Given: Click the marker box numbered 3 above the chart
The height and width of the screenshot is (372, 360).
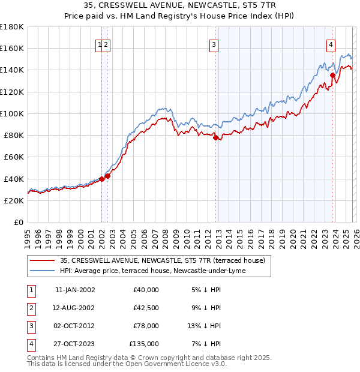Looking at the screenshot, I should pyautogui.click(x=213, y=44).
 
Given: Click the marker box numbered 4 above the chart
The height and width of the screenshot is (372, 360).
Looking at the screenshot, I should pyautogui.click(x=331, y=44).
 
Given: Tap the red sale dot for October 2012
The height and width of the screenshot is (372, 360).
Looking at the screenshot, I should pyautogui.click(x=215, y=137).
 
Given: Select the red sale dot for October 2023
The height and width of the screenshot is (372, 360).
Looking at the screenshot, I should pyautogui.click(x=332, y=76).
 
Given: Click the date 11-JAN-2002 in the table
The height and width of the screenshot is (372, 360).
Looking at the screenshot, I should pyautogui.click(x=74, y=290).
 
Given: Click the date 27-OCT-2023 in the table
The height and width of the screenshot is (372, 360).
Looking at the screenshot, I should pyautogui.click(x=74, y=344).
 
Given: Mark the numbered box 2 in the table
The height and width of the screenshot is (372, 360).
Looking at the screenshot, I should pyautogui.click(x=29, y=308).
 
